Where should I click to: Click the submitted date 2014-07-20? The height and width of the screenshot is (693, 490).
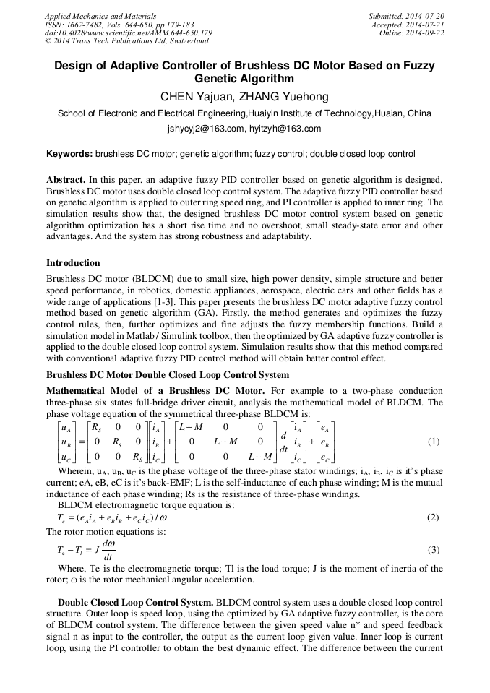pos(421,16)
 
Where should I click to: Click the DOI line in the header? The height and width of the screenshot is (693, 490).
pos(129,33)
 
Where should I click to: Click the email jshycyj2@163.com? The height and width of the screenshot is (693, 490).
pos(205,129)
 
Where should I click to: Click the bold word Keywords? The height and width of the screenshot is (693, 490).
pos(69,154)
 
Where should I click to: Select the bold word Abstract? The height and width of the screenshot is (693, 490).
pos(66,178)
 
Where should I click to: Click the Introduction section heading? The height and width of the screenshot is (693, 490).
pos(73,263)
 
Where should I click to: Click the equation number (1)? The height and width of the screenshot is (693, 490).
pos(433,442)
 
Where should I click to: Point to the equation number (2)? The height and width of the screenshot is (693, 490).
pos(433,517)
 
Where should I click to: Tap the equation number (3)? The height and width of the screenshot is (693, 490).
pos(433,550)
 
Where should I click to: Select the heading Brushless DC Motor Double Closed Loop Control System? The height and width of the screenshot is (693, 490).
pos(168,375)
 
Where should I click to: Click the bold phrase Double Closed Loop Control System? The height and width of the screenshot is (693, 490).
pos(135,601)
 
